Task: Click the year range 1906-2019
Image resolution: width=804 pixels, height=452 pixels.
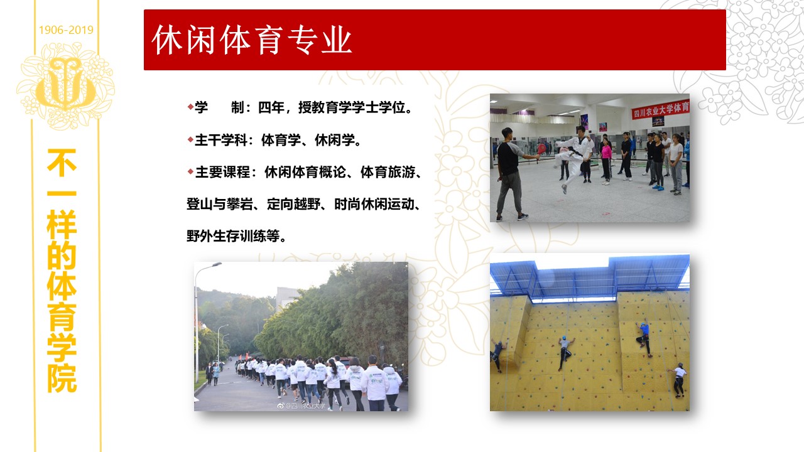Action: tap(66, 30)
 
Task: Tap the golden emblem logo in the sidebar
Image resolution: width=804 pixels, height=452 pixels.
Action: tap(66, 85)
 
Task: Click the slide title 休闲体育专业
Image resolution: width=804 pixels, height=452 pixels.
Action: tap(251, 40)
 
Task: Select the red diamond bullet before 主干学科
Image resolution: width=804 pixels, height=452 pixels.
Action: tap(190, 139)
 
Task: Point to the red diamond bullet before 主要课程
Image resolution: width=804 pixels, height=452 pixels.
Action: tap(190, 171)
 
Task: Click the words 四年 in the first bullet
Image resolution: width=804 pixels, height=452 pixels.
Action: tap(271, 107)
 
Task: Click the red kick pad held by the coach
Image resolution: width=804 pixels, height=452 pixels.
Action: tap(541, 149)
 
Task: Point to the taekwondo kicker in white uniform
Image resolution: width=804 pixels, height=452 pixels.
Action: tap(573, 158)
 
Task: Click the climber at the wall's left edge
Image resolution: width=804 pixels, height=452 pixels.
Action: tap(498, 355)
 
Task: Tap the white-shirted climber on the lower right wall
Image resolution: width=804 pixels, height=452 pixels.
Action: tap(678, 380)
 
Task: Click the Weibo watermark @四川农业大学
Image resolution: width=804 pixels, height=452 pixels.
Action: tap(301, 406)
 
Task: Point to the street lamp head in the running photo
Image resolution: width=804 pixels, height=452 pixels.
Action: tap(216, 265)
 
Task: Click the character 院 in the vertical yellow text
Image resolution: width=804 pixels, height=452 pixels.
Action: tap(62, 379)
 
